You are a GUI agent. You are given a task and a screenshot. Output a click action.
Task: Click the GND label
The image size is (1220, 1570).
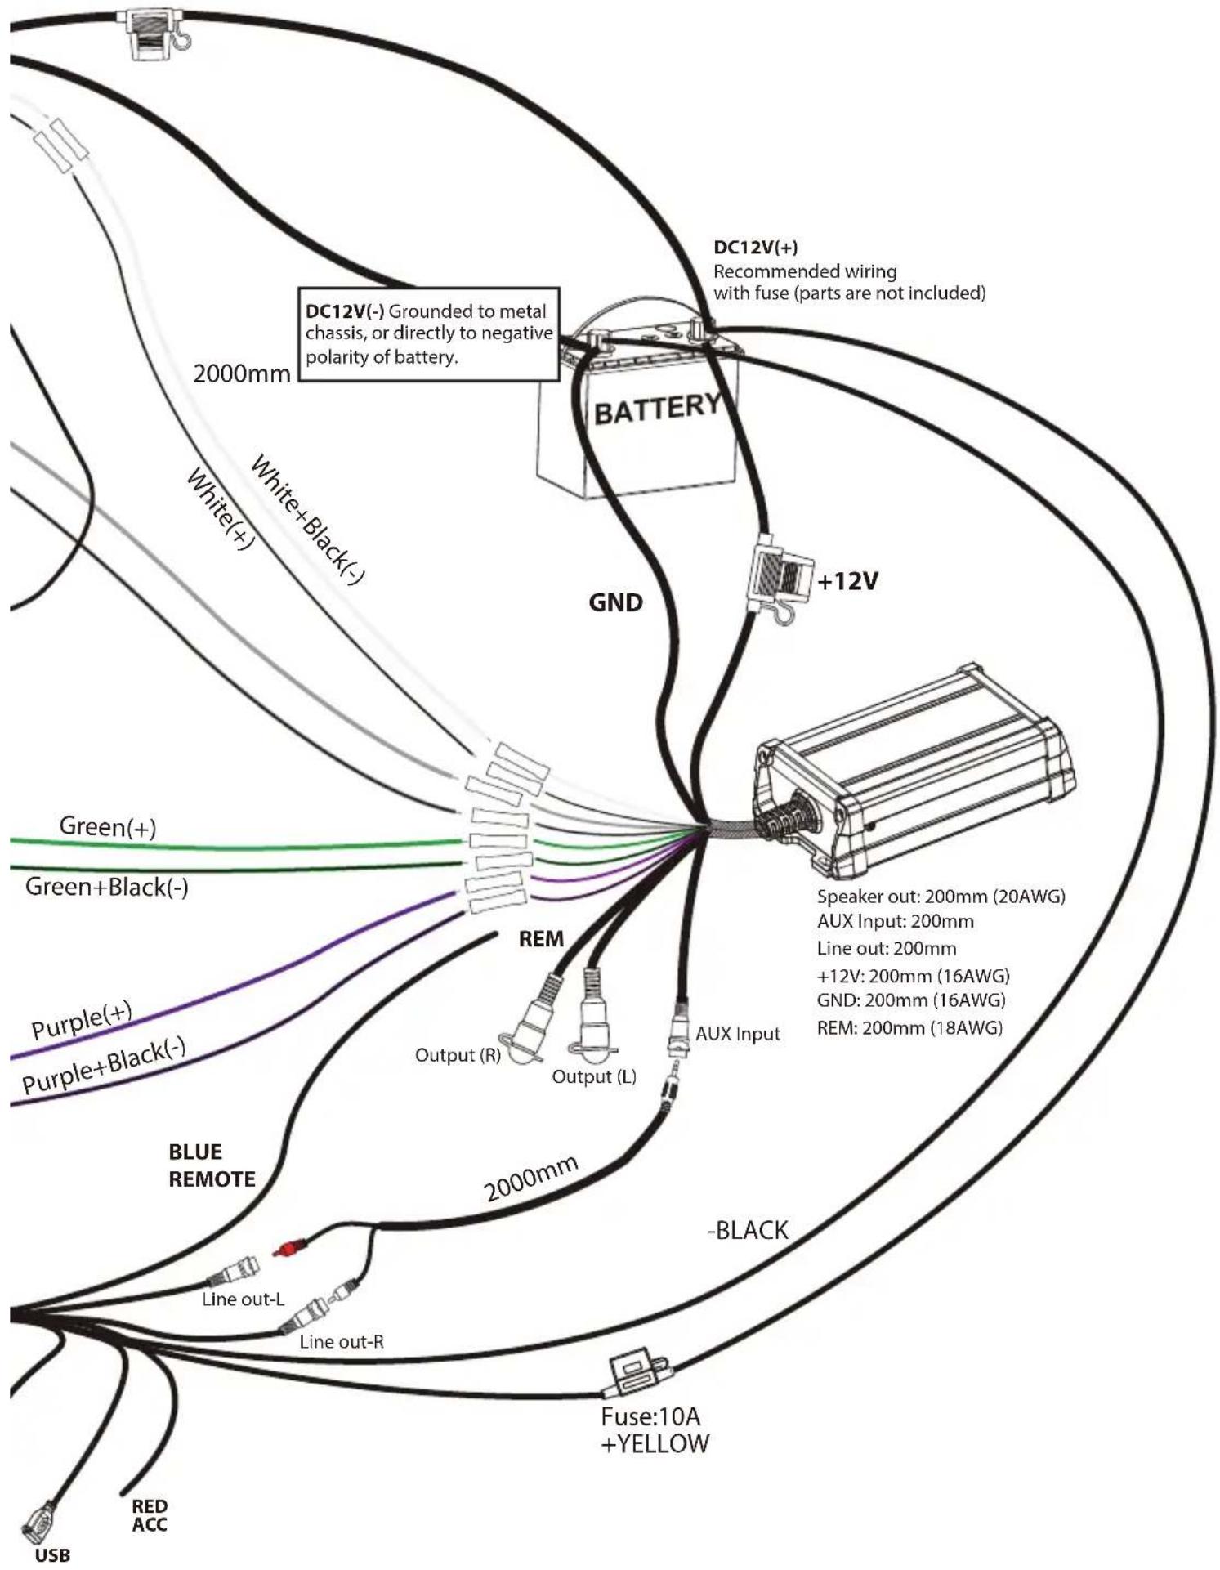[x=616, y=602]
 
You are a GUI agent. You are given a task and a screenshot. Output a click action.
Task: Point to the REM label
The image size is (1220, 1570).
[x=541, y=939]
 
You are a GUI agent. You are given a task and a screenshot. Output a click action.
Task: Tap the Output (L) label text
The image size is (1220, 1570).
[x=594, y=1076]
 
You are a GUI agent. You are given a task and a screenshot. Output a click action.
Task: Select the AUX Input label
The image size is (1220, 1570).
[x=738, y=1034]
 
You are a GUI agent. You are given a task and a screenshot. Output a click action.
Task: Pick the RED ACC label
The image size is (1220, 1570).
[x=150, y=1514]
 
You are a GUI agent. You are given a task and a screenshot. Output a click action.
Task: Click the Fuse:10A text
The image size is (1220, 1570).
[x=650, y=1416]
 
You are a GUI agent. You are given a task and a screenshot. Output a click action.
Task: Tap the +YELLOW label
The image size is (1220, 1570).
[x=655, y=1443]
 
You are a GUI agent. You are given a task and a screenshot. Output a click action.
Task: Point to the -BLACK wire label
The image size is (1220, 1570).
[x=748, y=1230]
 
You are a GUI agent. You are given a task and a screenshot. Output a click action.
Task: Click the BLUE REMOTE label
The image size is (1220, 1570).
[x=212, y=1165]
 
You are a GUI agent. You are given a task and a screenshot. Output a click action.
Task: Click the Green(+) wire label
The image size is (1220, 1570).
[x=107, y=826]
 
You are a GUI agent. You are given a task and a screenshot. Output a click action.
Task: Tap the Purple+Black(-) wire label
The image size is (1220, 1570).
[x=105, y=1065]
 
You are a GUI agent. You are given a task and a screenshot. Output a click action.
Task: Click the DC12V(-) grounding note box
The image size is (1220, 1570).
[x=430, y=333]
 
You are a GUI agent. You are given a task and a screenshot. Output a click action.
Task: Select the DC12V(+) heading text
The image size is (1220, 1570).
[x=756, y=248]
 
